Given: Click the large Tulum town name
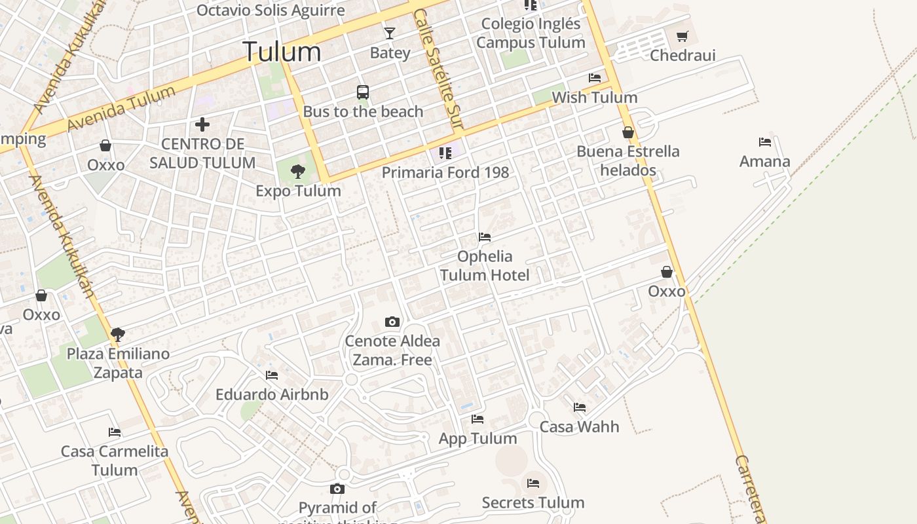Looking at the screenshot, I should coord(282,52).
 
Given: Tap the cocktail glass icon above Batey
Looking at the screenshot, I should coord(390,33).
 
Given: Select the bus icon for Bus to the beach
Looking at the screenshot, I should coord(363,92).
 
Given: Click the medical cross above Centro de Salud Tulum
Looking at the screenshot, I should coord(202,124).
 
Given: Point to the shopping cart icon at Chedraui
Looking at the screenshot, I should coord(683,36).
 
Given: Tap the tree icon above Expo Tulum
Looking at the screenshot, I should coord(298,172).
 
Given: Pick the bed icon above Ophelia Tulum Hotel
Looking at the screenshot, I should coord(485,237).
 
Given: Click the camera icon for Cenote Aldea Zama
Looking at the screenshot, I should coord(392,322).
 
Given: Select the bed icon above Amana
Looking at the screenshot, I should coord(764,142).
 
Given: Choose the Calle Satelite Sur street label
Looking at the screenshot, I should coord(438,69).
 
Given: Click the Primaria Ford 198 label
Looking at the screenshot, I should coord(445,172).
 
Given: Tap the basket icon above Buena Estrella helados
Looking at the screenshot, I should coord(628,132).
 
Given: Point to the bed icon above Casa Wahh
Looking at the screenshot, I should coord(580,407).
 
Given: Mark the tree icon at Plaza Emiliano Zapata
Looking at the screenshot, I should coord(118,335).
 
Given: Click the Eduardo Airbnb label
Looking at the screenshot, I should coord(272,395).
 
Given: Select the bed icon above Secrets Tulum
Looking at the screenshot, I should coord(533,483).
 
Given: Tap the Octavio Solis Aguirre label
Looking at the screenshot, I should coord(271,10).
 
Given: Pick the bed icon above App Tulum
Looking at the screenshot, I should coord(477,419).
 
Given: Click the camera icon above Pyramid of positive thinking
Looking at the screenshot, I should coord(337,489).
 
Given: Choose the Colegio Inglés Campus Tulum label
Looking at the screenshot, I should coord(531,33).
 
